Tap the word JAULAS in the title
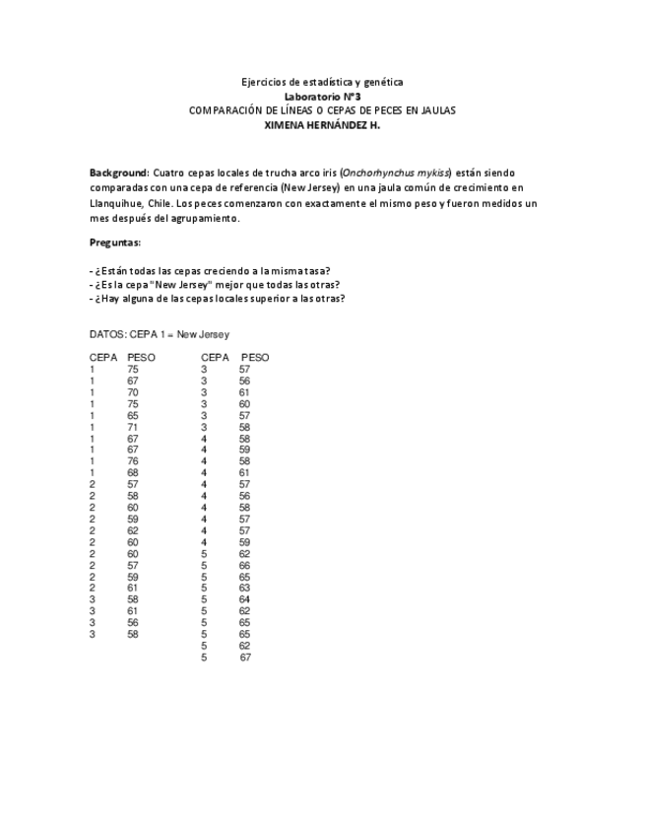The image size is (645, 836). tap(434, 110)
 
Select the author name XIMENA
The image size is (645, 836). tap(290, 125)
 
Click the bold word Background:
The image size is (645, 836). tap(119, 173)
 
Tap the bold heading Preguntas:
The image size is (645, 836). tap(115, 243)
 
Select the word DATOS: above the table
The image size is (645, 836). tap(107, 334)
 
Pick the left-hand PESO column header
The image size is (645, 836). tap(141, 357)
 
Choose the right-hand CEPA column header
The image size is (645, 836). tap(216, 357)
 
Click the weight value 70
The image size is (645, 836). tap(133, 392)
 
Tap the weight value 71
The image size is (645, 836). tap(133, 427)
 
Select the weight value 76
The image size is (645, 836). tap(133, 461)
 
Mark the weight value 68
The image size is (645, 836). tap(133, 473)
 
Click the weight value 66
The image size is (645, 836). tap(244, 566)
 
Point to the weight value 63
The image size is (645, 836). tap(244, 589)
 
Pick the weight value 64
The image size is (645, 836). tap(244, 600)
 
